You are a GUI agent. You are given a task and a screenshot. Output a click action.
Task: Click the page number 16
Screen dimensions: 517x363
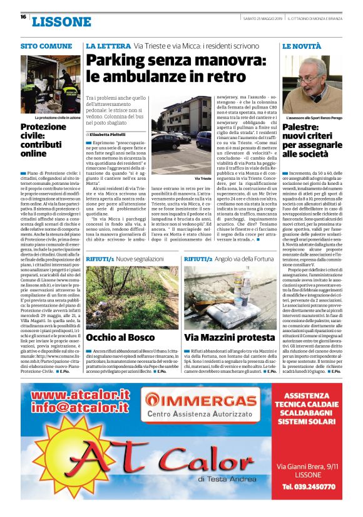(23, 17)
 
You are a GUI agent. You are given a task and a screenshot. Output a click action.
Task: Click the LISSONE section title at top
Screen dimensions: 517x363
(61, 22)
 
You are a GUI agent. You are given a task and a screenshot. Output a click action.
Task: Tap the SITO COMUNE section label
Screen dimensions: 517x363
(46, 46)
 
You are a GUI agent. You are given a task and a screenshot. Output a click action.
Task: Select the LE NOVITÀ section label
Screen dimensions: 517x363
(303, 46)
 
